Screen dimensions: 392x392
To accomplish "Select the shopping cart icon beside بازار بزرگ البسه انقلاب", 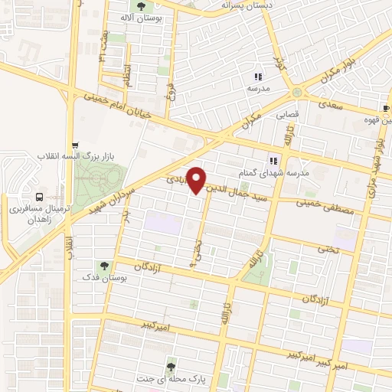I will click(74, 145).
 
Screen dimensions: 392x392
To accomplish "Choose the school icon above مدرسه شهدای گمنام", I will click(273, 161).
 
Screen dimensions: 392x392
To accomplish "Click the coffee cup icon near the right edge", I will click(387, 108).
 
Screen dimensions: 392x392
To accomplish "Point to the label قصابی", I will click(286, 114).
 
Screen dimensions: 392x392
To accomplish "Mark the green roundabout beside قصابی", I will click(296, 93).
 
